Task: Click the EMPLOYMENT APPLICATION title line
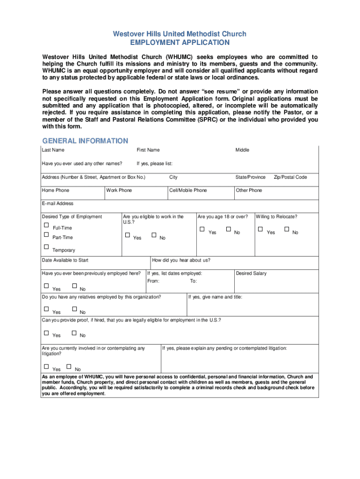[x=180, y=43]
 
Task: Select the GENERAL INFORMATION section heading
[x=85, y=141]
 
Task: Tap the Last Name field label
[x=53, y=150]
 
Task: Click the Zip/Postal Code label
[x=290, y=177]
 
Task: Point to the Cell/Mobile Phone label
[x=188, y=190]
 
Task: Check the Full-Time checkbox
[x=46, y=225]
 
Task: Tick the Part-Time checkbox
[x=46, y=235]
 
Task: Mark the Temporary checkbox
[x=46, y=247]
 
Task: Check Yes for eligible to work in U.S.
[x=127, y=235]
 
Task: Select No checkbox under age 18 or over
[x=228, y=229]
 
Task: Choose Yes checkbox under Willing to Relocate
[x=260, y=229]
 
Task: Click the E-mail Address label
[x=58, y=203]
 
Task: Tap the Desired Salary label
[x=251, y=273]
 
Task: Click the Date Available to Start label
[x=65, y=260]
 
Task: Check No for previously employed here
[x=74, y=286]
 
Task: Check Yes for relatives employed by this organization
[x=46, y=309]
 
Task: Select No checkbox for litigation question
[x=69, y=366]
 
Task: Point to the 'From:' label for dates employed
[x=153, y=281]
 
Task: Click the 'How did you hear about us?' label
[x=181, y=260]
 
